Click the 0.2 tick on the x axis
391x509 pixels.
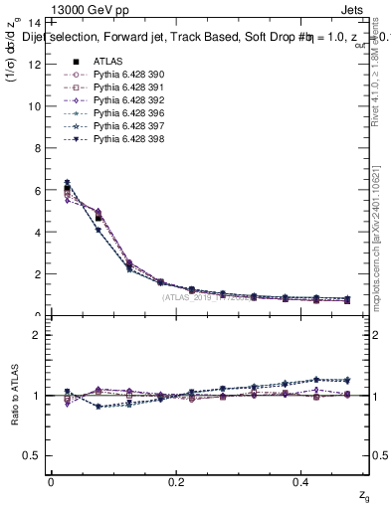point(177,481)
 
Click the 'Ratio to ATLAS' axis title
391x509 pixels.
point(14,396)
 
